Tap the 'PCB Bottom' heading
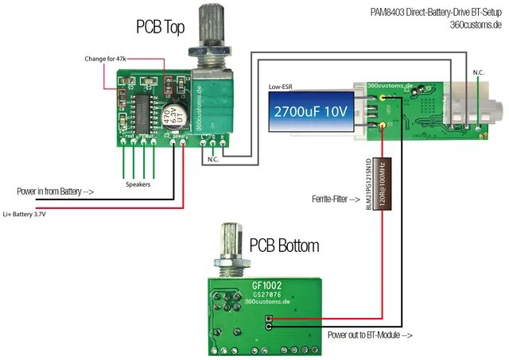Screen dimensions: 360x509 pyautogui.click(x=284, y=245)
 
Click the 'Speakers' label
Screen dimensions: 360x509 pyautogui.click(x=138, y=184)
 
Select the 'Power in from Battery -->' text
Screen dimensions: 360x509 pyautogui.click(x=55, y=192)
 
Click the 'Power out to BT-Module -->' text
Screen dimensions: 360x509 pyautogui.click(x=370, y=335)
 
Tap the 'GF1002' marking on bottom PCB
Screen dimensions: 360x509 pyautogui.click(x=266, y=284)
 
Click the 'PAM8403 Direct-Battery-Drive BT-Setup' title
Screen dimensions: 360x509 pyautogui.click(x=436, y=13)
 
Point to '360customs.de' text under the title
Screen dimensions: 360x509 pyautogui.click(x=476, y=25)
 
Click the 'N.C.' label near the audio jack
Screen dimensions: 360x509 pyautogui.click(x=477, y=72)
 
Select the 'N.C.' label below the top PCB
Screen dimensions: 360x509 pyautogui.click(x=212, y=160)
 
